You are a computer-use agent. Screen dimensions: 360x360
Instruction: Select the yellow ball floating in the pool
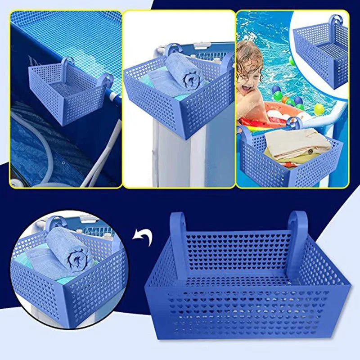click(x=319, y=108)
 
